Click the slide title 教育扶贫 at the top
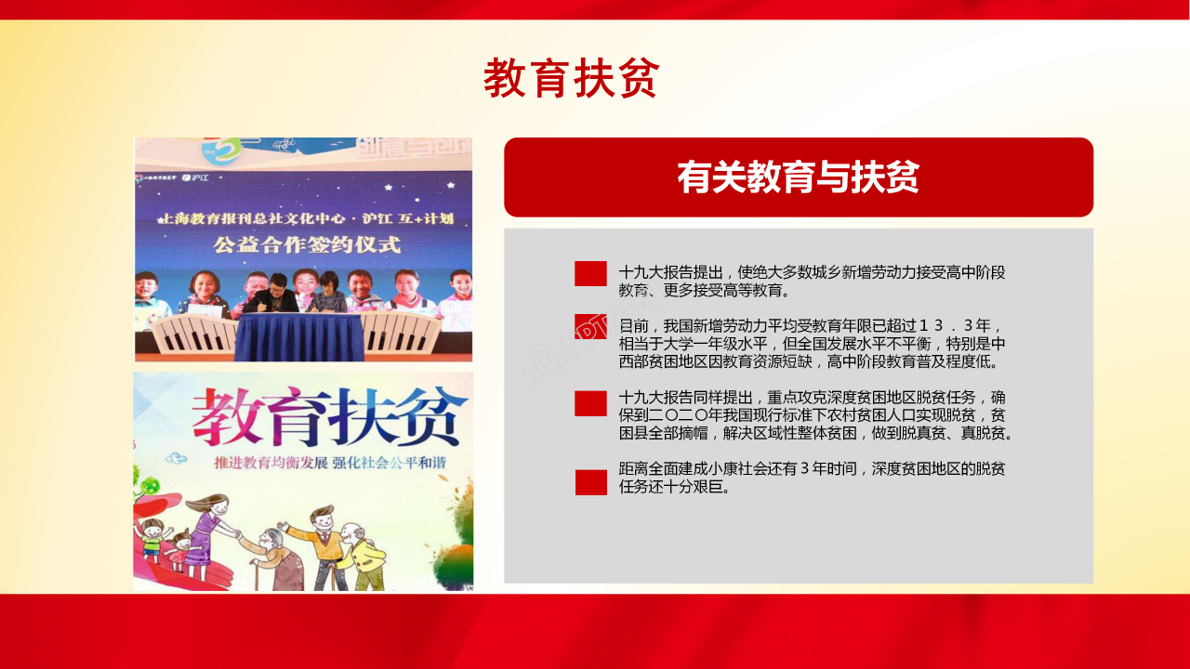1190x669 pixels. (571, 78)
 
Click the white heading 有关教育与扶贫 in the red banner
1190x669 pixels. (798, 177)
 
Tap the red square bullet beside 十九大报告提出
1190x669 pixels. (590, 273)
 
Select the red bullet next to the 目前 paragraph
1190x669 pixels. (590, 327)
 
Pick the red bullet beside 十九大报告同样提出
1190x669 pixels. (590, 403)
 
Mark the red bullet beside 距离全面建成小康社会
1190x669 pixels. (590, 482)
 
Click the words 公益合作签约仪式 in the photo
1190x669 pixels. (307, 246)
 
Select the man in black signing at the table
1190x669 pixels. (271, 295)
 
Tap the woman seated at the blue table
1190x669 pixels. (329, 293)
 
